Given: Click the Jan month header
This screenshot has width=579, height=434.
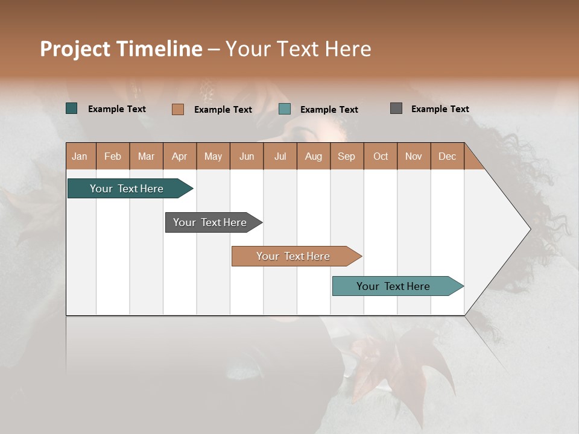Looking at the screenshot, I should point(80,156).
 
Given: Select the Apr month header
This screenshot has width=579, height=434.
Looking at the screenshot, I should point(180,156).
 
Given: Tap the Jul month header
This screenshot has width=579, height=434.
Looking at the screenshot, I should point(280,156).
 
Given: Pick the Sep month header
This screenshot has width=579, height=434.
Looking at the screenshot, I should point(347,156).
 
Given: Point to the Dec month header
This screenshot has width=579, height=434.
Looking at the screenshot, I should point(447,156).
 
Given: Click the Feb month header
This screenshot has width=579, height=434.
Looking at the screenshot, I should point(113,156).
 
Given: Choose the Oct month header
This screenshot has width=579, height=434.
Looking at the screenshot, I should point(381,156).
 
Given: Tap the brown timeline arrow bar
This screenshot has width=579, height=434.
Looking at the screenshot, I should point(294,256).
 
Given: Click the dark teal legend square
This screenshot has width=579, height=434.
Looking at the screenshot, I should point(72,108).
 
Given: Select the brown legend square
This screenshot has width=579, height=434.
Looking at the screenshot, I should point(177,109).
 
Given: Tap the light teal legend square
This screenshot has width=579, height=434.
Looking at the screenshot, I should point(285,109).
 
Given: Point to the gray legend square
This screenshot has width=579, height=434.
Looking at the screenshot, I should point(396,108).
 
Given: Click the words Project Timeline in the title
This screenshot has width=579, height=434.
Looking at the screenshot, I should point(121,49).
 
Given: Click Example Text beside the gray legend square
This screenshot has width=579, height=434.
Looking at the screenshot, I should point(440,109).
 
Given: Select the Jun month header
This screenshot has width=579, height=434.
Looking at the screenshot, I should point(247,156).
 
